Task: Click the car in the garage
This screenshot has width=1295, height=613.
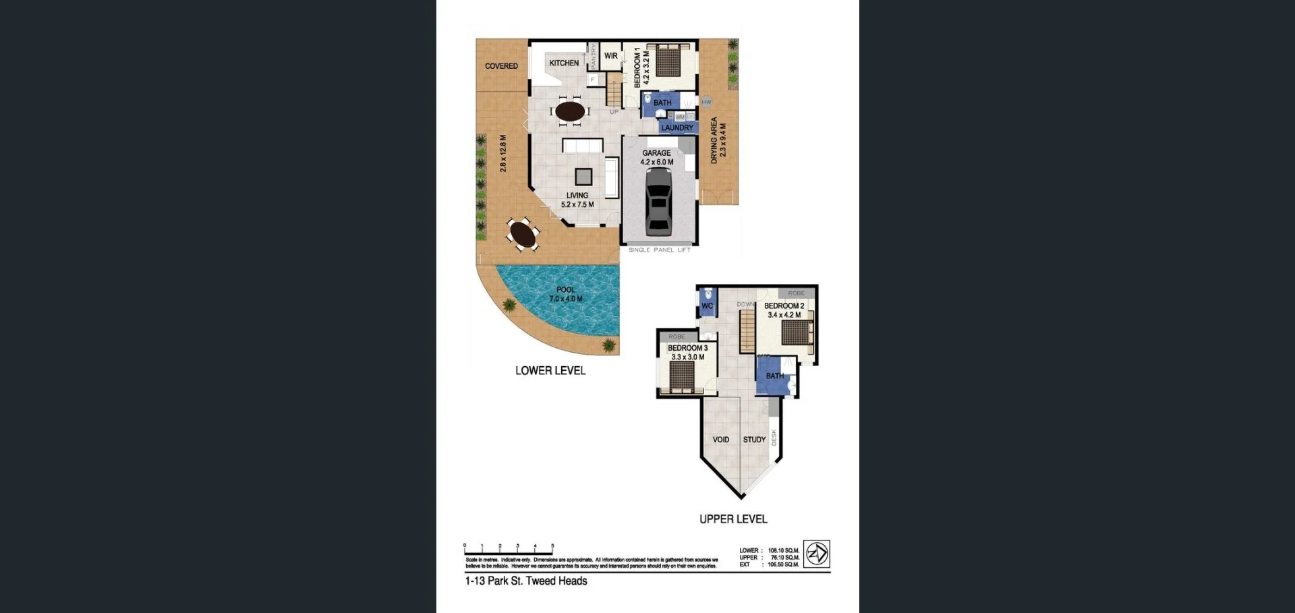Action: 658,201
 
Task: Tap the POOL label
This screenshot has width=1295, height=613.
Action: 565,290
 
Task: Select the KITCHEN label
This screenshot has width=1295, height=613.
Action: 564,63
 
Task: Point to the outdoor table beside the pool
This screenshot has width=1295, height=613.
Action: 523,235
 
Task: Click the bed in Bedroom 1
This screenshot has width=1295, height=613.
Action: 668,61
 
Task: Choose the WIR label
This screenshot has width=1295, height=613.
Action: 610,56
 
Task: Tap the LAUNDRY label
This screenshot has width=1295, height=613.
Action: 677,127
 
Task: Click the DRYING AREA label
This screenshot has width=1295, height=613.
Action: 714,140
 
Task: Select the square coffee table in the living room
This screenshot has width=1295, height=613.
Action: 583,177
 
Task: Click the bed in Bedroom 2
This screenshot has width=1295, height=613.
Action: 797,332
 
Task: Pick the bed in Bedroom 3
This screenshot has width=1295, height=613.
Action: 683,376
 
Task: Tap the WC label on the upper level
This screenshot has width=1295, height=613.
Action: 707,305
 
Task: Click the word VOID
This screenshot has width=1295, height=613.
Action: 721,440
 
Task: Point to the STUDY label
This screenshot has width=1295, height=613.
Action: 754,440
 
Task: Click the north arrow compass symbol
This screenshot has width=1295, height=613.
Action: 817,554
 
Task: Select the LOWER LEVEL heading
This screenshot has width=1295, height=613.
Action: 550,371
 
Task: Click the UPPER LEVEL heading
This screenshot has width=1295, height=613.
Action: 733,519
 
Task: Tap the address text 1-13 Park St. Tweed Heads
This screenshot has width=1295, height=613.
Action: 526,581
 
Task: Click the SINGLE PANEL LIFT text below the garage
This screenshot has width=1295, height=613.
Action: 660,250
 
